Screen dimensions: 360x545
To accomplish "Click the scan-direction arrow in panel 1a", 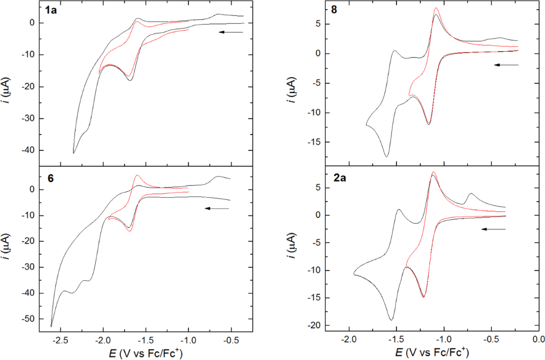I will point(230,32).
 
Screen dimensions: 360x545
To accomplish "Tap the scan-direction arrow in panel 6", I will point(217,208).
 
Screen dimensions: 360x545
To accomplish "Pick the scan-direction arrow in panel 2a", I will point(493,229).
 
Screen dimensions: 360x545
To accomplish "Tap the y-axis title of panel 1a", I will point(9,85).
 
